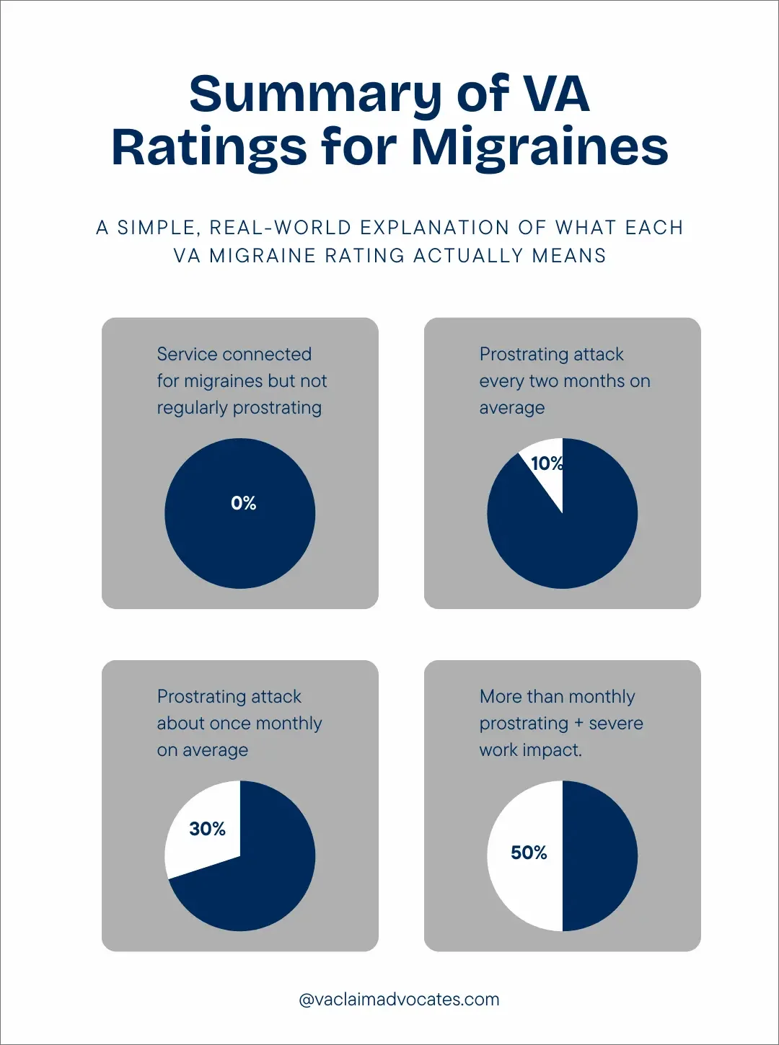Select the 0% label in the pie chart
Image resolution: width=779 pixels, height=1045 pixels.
click(x=244, y=503)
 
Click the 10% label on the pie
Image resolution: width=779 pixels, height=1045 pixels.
click(x=546, y=463)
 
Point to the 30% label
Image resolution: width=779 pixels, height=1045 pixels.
click(x=207, y=829)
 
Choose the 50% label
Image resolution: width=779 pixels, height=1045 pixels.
click(x=529, y=853)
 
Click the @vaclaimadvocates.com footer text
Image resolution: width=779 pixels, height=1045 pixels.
click(x=399, y=1000)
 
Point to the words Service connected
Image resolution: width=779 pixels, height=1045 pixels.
click(x=234, y=354)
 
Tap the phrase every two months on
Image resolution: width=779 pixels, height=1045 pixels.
click(x=565, y=381)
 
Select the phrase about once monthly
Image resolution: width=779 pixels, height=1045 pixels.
click(x=239, y=723)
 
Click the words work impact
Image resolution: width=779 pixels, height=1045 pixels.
click(x=530, y=750)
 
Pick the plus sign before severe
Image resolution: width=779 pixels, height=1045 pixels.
click(x=578, y=724)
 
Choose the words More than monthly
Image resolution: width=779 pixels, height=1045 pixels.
click(x=557, y=696)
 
